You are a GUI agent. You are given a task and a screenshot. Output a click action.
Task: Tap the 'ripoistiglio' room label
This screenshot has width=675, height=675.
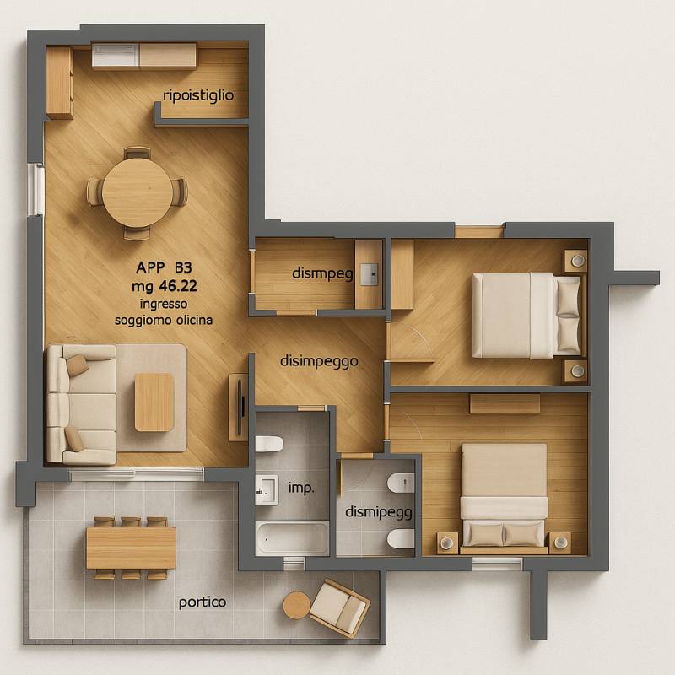[198, 95]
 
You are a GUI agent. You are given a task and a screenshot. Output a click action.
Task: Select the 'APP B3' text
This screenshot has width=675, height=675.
[164, 267]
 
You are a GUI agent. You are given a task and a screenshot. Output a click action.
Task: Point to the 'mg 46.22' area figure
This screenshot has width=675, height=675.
[165, 286]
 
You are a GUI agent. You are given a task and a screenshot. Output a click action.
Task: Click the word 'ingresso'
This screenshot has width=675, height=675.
[164, 304]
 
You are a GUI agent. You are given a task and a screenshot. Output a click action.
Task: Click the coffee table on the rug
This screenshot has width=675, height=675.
[154, 402]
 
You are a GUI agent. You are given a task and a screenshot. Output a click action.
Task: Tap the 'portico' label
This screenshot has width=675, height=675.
[202, 602]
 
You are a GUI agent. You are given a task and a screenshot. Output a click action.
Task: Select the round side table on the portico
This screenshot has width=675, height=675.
[297, 605]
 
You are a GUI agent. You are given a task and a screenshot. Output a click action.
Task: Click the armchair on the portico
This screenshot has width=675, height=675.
[339, 607]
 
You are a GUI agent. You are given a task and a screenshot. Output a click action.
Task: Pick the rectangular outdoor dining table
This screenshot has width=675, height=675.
[131, 548]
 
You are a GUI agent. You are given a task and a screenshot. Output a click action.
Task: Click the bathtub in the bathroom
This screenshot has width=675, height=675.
[293, 538]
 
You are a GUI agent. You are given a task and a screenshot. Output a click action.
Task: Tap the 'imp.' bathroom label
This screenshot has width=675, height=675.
[301, 489]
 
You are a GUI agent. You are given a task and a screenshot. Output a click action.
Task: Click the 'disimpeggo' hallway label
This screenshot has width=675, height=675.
[319, 361]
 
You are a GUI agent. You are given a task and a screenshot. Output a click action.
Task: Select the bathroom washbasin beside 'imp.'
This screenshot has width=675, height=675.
[267, 490]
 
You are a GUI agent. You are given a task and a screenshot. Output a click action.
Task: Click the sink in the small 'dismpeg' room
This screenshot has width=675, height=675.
[369, 274]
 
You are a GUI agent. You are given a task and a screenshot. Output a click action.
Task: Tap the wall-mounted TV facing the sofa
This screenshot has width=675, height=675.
[241, 406]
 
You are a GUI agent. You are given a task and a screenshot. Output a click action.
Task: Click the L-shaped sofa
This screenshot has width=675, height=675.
[81, 404]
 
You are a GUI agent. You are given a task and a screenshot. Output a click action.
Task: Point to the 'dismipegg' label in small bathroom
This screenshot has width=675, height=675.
[378, 512]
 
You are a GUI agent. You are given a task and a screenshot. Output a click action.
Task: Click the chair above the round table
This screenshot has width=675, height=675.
[137, 153]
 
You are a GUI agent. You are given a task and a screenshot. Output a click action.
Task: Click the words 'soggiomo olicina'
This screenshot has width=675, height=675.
[164, 321]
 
